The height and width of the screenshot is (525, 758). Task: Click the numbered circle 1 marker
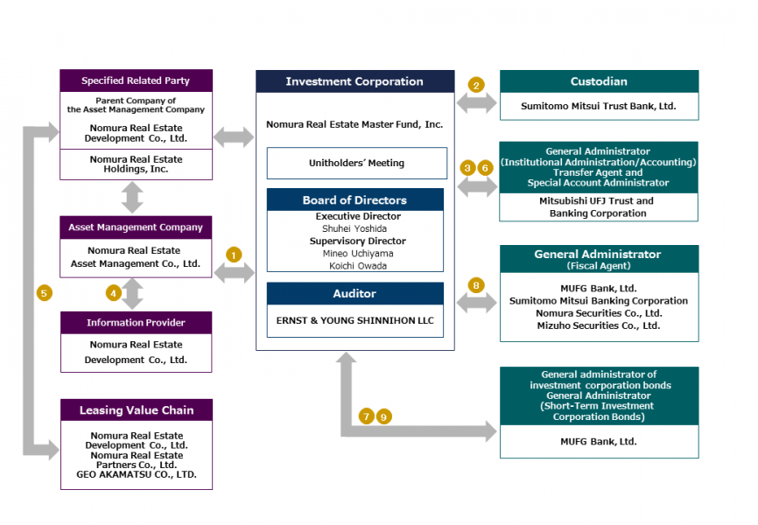[233, 255]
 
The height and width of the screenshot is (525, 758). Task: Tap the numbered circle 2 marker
[476, 85]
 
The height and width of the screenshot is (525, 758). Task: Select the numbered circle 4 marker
[114, 293]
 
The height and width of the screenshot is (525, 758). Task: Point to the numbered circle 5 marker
[45, 293]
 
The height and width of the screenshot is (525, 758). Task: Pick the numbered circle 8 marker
[476, 284]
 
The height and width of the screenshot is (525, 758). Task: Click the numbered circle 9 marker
[383, 416]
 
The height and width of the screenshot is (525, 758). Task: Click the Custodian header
[599, 81]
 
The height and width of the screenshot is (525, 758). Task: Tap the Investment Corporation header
[354, 81]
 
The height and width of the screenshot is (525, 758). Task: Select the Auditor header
[354, 294]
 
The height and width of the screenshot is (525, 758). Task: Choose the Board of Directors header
[354, 200]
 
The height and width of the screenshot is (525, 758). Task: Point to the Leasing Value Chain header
[137, 410]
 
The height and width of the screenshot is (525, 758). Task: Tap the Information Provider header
[136, 323]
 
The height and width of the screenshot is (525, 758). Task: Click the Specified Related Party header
[136, 81]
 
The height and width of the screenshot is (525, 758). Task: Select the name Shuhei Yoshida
[354, 228]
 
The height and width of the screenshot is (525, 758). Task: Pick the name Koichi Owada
[354, 266]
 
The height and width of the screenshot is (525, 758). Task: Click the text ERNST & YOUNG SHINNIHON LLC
[354, 321]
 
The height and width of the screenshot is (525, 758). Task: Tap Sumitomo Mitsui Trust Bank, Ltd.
[599, 106]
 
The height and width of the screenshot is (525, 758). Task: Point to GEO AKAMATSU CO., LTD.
[136, 475]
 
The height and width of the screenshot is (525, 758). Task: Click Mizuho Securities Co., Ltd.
[599, 325]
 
